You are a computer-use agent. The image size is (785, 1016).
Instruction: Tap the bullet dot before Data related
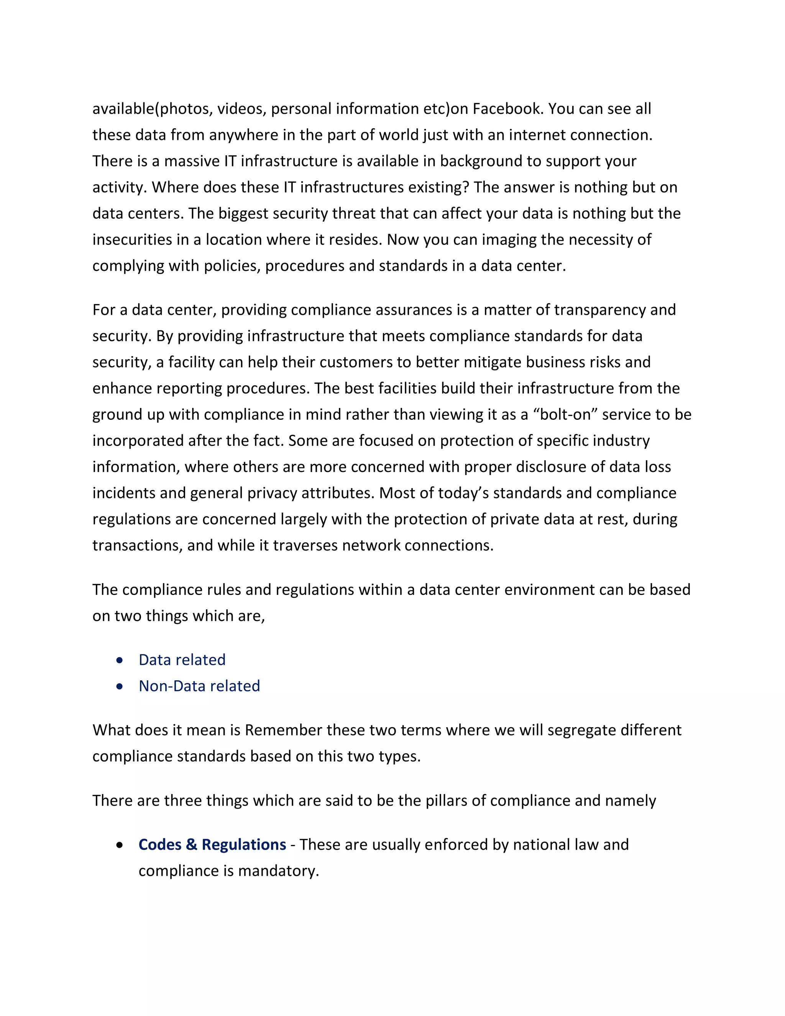[x=120, y=660]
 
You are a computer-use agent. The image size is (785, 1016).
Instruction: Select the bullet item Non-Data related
[x=199, y=686]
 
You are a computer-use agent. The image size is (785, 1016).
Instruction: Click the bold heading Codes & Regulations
[x=212, y=845]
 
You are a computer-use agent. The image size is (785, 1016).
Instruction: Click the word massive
[x=192, y=161]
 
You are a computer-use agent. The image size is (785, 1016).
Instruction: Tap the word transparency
[x=599, y=310]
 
